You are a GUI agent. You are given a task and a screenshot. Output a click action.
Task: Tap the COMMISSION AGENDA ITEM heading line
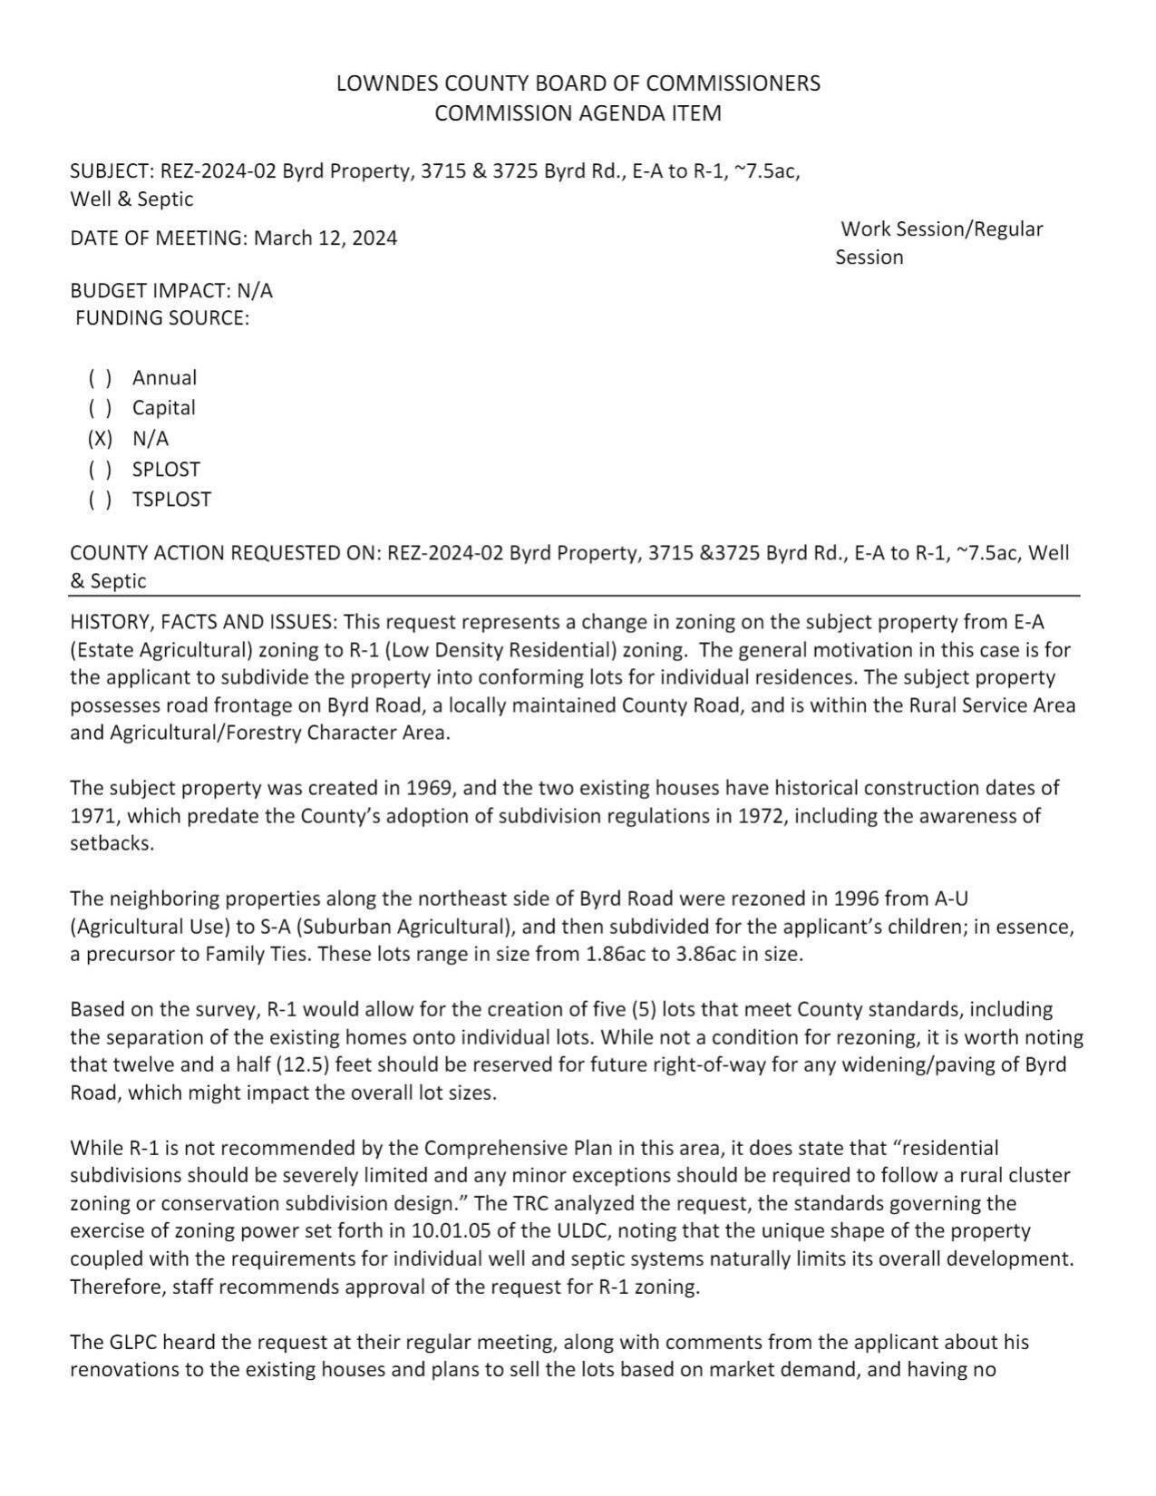578,113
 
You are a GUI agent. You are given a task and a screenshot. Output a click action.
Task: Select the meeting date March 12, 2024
325,238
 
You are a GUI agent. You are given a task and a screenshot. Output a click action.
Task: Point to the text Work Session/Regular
941,228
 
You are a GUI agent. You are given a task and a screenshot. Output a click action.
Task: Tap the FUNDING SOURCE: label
162,318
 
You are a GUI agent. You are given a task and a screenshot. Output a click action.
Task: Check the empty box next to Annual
100,378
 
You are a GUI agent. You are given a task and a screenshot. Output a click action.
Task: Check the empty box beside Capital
100,408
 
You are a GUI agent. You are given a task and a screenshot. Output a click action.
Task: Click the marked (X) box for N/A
100,439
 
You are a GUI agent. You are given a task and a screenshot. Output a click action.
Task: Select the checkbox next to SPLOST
100,470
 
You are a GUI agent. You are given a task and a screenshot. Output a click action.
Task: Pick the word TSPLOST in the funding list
171,500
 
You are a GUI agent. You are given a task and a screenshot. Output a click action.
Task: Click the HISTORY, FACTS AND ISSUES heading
203,622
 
